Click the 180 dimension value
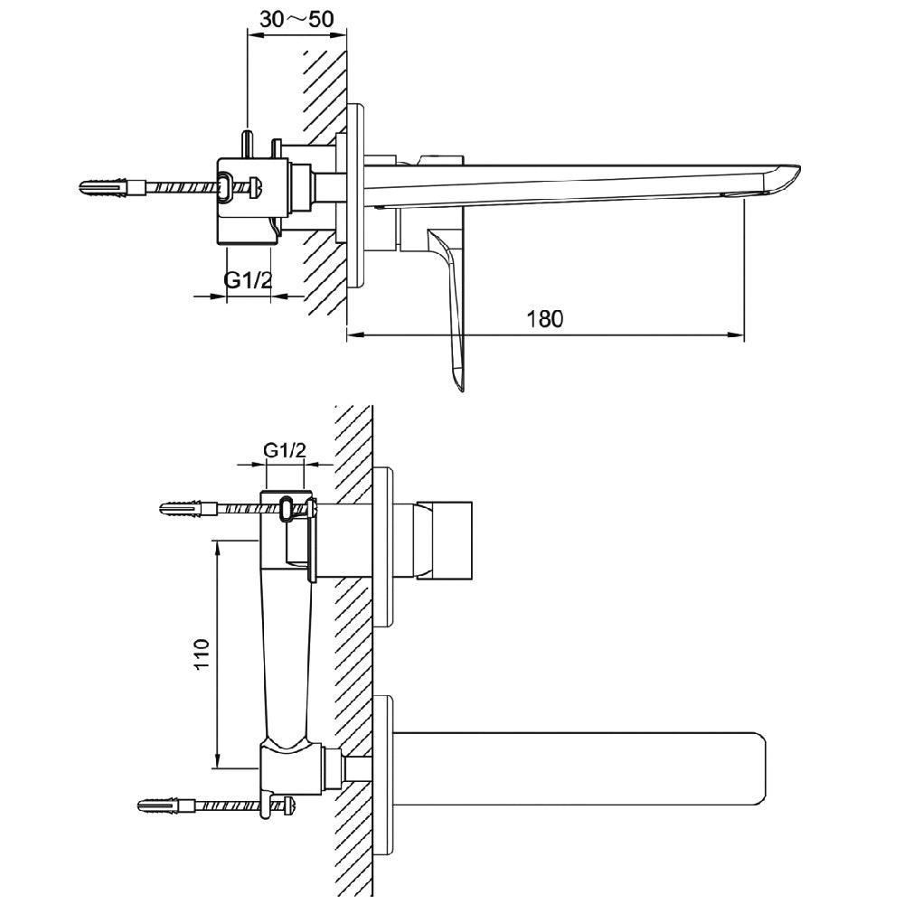pyautogui.click(x=544, y=318)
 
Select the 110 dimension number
pyautogui.click(x=201, y=653)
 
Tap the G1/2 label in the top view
pyautogui.click(x=248, y=280)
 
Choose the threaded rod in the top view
pyautogui.click(x=181, y=189)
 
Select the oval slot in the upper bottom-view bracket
pyautogui.click(x=287, y=510)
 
